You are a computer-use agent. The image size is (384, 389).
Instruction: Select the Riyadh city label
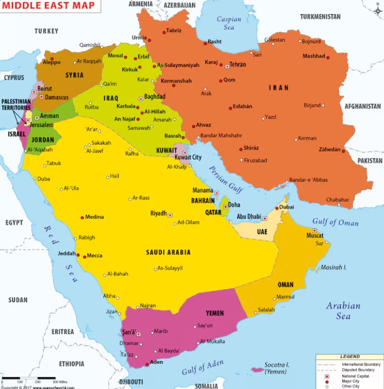(158, 213)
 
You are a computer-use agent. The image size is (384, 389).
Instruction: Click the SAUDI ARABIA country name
(168, 252)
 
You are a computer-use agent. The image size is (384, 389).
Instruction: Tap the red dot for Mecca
(85, 256)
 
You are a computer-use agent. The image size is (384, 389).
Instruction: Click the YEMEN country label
(215, 313)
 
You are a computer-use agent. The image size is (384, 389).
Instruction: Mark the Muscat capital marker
(314, 231)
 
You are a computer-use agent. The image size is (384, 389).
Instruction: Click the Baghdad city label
(154, 96)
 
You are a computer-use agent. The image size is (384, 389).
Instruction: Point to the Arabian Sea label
(343, 311)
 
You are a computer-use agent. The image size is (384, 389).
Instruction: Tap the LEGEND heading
(349, 357)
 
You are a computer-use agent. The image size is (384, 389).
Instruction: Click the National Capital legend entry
(355, 376)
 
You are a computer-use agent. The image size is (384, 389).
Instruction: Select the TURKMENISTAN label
(320, 16)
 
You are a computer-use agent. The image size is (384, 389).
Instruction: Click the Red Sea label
(63, 253)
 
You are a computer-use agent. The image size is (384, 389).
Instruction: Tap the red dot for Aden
(147, 365)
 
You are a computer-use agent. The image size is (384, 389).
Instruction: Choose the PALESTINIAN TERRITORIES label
(16, 104)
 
